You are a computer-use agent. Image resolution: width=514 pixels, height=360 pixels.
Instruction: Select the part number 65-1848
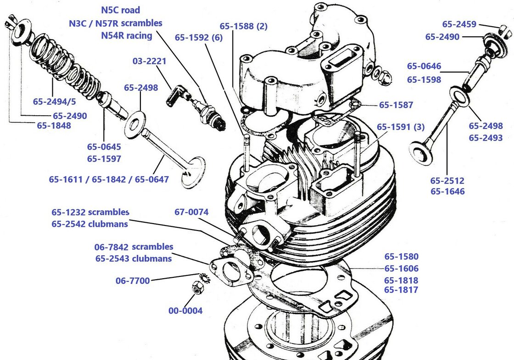[x=54, y=125]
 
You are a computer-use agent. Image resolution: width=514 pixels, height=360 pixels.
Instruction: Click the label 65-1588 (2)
[x=243, y=26]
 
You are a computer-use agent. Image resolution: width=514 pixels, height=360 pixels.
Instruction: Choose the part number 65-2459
[x=459, y=24]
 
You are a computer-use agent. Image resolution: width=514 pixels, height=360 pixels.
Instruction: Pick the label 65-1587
[x=396, y=105]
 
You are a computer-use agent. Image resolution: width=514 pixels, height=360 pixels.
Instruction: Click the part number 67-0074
[x=191, y=212]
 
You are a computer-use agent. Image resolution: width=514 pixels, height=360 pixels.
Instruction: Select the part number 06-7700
[x=133, y=280]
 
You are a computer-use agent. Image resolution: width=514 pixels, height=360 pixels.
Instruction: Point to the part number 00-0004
[x=185, y=311]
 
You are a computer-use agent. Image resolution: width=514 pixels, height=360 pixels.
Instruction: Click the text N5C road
[x=120, y=10]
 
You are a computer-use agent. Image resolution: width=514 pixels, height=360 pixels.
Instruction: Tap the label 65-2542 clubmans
[x=89, y=225]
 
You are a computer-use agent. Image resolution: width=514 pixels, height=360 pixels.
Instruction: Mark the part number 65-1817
[x=401, y=290]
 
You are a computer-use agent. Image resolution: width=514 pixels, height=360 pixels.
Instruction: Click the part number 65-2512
[x=447, y=180]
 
